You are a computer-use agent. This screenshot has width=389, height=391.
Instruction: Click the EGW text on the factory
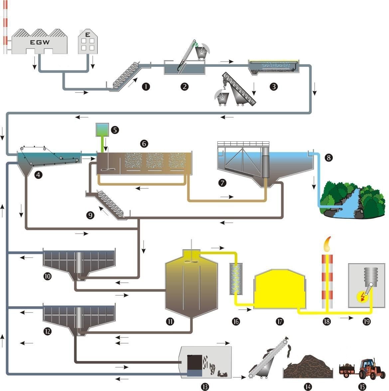(40, 42)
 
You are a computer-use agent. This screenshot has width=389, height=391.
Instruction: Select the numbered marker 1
(146, 87)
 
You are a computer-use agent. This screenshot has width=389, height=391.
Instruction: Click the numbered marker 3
(274, 87)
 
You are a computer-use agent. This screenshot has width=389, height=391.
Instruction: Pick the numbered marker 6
(144, 143)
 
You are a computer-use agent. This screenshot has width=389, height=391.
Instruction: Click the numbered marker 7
(222, 182)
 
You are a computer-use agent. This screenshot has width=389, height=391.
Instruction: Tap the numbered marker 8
(328, 158)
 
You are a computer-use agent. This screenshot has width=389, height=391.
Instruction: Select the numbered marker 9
(90, 215)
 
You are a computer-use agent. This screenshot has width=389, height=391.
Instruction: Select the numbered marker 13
(205, 386)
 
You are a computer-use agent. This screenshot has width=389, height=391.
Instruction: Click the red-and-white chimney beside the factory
(5, 27)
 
